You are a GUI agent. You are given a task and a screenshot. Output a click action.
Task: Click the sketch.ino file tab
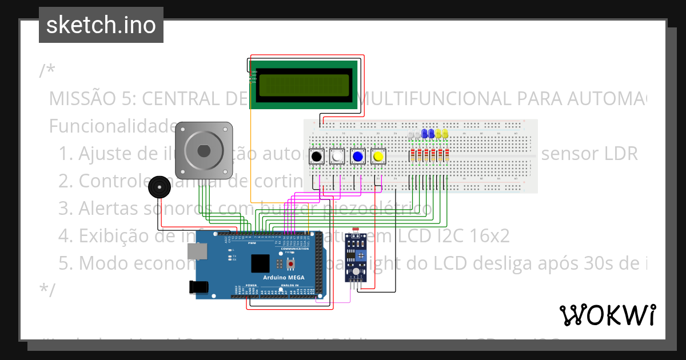click(101, 25)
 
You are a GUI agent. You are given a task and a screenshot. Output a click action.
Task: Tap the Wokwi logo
click(607, 315)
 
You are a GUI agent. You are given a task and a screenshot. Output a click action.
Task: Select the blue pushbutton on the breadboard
click(358, 156)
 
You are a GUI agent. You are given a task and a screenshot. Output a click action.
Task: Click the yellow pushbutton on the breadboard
click(377, 156)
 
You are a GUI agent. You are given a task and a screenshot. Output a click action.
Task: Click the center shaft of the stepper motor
click(204, 150)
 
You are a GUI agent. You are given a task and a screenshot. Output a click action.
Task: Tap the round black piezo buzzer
click(159, 187)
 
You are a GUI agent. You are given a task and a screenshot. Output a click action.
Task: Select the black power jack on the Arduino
click(198, 287)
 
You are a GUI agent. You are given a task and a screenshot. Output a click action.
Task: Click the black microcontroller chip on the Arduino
click(260, 263)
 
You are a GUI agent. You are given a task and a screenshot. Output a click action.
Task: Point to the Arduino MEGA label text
click(284, 278)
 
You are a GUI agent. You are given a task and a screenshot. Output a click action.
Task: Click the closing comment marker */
click(47, 290)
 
